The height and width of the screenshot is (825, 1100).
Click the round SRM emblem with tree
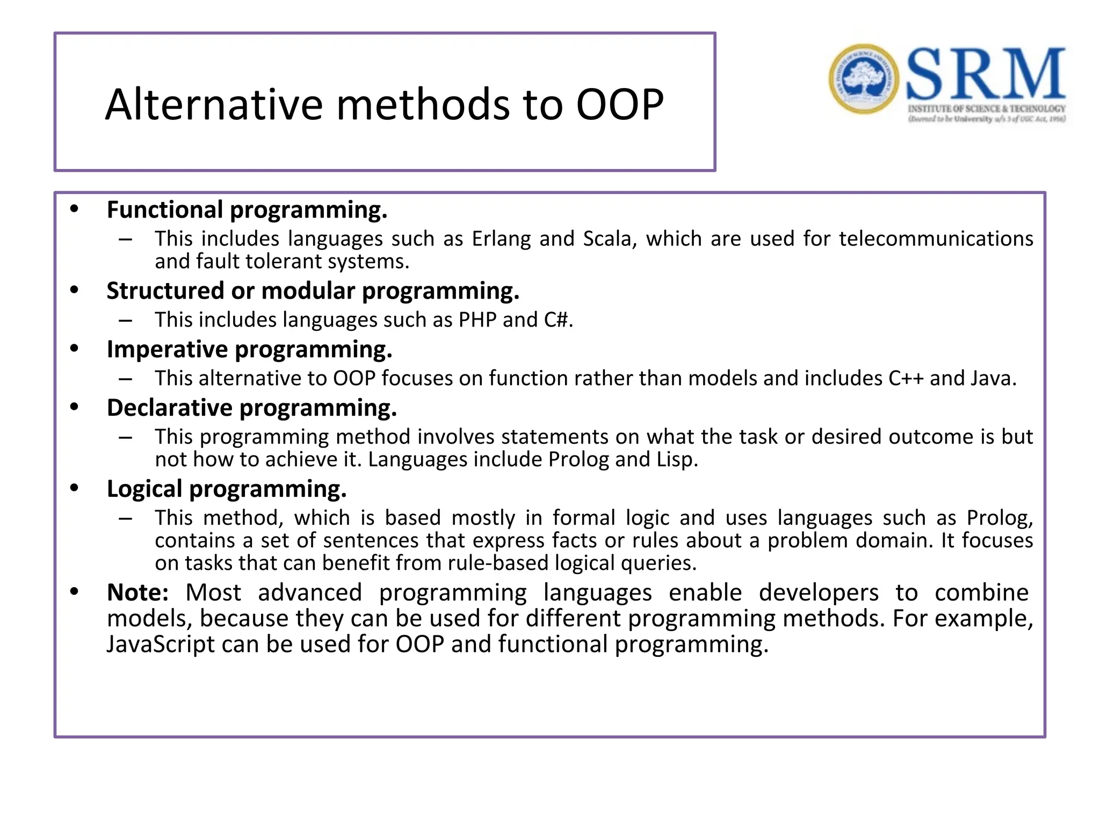[863, 79]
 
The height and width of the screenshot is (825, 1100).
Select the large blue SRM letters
[986, 75]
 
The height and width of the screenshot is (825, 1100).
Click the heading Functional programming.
[247, 210]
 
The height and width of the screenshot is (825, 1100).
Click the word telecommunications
[936, 238]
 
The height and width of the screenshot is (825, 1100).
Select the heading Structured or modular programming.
[313, 291]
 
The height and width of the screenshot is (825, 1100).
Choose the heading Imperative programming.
[249, 350]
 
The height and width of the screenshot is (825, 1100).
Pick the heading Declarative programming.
[251, 408]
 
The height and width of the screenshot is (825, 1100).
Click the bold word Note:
[137, 593]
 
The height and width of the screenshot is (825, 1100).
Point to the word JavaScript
[160, 644]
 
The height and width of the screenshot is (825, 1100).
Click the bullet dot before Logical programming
[74, 488]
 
